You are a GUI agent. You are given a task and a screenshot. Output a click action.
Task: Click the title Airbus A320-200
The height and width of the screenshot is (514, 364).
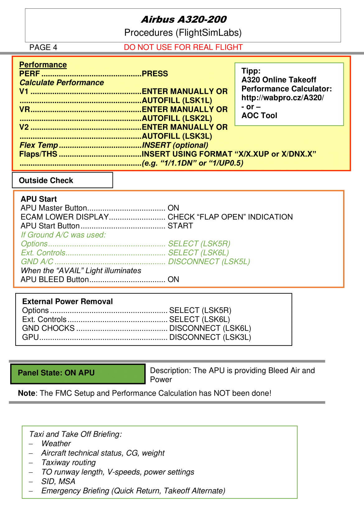tap(184, 20)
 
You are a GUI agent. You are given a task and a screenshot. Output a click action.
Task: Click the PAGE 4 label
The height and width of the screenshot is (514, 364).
tap(43, 47)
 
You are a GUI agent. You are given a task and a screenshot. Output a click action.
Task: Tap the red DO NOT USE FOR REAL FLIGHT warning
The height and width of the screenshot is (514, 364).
tap(183, 47)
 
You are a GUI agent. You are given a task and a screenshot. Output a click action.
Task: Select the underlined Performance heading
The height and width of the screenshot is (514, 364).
tap(43, 65)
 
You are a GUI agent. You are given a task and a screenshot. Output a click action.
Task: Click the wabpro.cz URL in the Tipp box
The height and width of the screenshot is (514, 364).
tap(282, 98)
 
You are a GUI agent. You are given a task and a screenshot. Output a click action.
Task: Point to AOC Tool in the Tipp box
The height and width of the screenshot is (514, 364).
tap(259, 116)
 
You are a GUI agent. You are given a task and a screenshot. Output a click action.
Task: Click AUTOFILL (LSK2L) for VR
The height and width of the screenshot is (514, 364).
tap(177, 118)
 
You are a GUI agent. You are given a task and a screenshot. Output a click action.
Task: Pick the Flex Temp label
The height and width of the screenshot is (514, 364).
tap(39, 145)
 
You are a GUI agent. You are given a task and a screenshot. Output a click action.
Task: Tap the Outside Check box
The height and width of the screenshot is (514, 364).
tap(62, 180)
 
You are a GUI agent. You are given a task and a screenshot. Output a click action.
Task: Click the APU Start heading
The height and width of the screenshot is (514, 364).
tap(39, 199)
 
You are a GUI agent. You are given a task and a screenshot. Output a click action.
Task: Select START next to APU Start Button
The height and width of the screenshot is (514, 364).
tap(180, 226)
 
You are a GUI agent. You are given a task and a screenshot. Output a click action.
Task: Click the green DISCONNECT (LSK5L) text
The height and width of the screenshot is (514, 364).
tap(209, 262)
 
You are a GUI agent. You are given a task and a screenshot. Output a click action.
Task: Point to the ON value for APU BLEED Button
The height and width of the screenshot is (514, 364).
tap(173, 279)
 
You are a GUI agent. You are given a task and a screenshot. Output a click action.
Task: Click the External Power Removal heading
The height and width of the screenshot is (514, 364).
tap(67, 301)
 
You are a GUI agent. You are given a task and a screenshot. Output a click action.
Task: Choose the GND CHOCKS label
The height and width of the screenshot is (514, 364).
tap(48, 328)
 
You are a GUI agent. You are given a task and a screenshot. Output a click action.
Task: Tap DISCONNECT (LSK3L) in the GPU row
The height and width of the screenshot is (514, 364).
tap(210, 337)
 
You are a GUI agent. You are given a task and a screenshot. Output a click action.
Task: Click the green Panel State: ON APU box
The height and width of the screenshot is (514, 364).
tap(78, 373)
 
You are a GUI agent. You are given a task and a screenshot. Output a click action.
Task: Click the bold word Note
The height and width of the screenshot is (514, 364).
tap(26, 393)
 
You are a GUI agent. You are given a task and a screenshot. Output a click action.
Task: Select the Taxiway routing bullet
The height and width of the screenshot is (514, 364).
tap(68, 462)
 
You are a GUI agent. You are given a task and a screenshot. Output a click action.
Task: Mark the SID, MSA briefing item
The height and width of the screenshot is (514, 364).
tap(58, 481)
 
